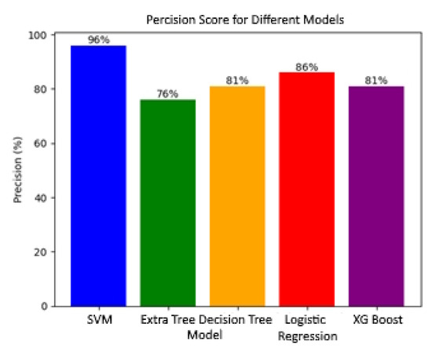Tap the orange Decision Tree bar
(x=236, y=196)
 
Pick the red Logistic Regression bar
(x=306, y=189)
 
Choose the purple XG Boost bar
(x=375, y=196)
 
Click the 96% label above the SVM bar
(x=98, y=39)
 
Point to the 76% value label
(x=168, y=94)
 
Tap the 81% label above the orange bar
(x=237, y=80)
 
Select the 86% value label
(x=306, y=67)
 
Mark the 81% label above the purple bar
(x=375, y=80)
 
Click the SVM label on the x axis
(x=98, y=321)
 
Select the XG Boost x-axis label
(x=375, y=321)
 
